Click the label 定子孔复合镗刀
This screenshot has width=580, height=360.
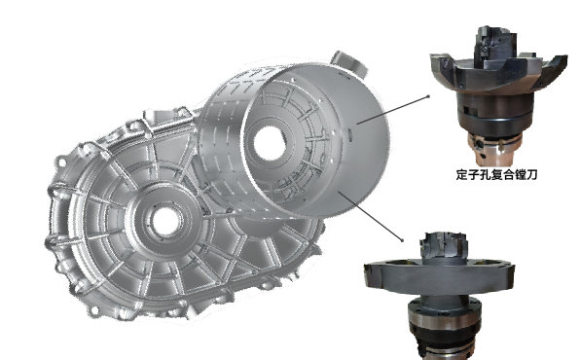coord(496,174)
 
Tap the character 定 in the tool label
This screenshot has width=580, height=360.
coord(462,174)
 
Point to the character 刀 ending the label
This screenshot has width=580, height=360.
coord(531,174)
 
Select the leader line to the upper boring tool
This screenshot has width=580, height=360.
coord(393,110)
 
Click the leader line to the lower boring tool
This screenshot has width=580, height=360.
coord(370,216)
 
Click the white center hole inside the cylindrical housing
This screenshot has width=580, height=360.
coord(271,144)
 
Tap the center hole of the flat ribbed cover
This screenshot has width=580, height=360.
coord(166,222)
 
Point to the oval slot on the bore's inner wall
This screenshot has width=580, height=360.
coord(350,133)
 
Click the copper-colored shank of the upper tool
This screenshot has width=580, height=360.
coord(494,150)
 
